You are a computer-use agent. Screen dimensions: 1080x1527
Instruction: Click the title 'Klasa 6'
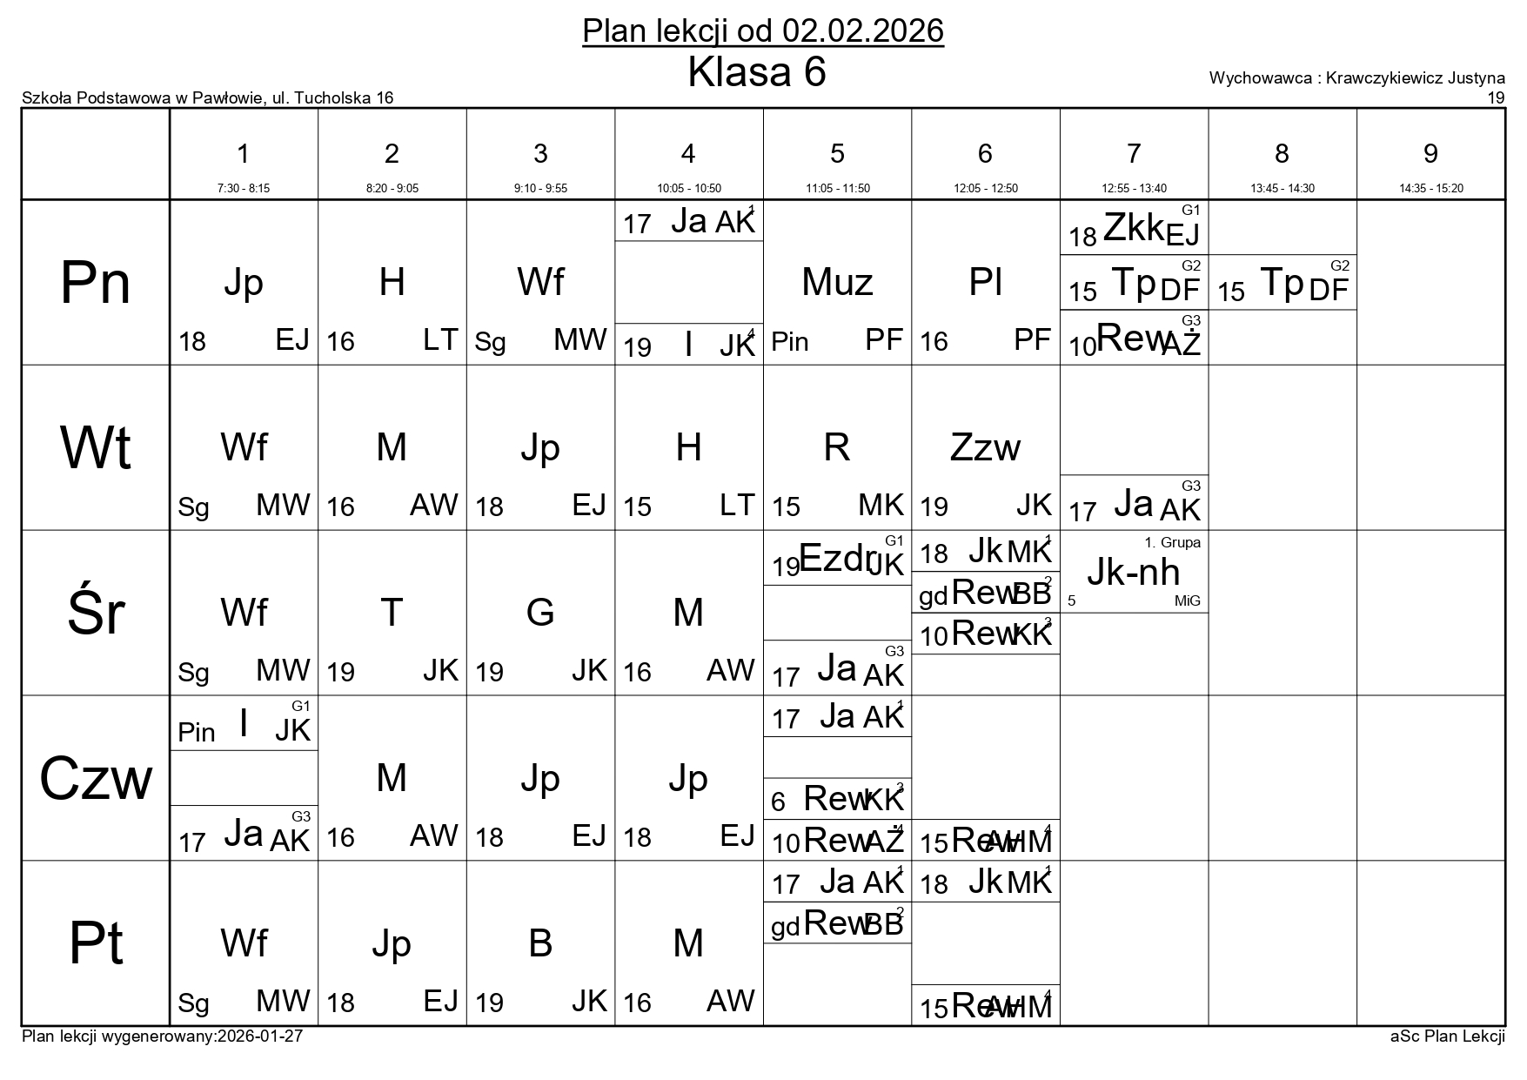756,73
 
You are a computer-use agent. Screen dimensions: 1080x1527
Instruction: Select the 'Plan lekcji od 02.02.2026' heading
762,31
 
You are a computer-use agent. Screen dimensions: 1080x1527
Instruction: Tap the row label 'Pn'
95,283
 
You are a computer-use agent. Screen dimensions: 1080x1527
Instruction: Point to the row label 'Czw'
95,778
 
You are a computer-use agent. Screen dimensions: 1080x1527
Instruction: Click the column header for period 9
1430,154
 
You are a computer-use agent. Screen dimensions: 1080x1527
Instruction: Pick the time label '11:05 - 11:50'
837,188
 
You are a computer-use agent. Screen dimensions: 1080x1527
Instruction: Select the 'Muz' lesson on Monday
837,282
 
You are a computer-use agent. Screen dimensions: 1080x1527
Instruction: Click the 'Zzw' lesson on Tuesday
985,447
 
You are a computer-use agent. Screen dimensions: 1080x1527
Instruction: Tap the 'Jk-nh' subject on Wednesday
1133,572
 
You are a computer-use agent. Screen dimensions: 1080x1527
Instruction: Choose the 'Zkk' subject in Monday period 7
1133,228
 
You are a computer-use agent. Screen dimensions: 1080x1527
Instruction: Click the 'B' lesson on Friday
540,943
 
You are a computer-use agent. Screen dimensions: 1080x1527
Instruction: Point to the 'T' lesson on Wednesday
392,613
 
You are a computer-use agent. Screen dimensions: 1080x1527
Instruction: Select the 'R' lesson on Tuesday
836,447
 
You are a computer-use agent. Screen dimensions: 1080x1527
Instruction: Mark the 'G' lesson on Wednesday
540,613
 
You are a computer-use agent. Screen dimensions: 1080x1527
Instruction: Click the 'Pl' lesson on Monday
985,282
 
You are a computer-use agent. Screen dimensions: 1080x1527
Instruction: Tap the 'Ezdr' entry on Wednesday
836,559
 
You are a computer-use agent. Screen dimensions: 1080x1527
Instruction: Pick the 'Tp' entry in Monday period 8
1282,282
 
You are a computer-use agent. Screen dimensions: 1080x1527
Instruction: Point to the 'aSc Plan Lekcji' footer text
1447,1036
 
